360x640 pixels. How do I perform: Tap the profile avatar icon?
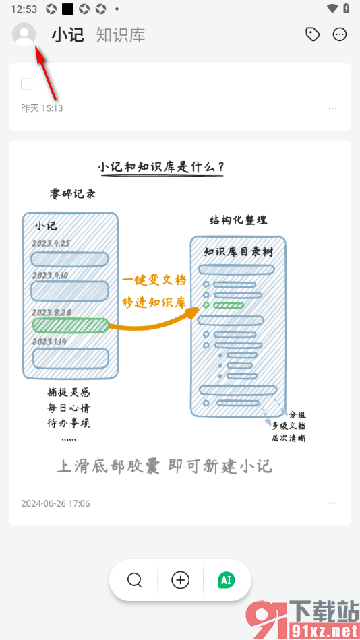coord(24,34)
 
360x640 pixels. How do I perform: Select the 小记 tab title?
coord(67,35)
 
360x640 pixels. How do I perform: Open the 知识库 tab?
coord(120,35)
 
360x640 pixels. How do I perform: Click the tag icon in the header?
coord(312,34)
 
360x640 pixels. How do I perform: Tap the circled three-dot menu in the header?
coord(340,34)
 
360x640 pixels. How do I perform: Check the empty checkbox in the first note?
coord(27,84)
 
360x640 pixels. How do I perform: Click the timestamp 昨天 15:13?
coord(42,108)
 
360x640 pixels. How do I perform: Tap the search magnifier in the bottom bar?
coord(135,579)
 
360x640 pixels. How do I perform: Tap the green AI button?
coord(227,579)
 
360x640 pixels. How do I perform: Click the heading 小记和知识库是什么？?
coord(160,166)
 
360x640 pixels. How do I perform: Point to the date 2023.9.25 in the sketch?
coord(51,243)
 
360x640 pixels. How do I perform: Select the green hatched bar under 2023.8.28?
coord(70,325)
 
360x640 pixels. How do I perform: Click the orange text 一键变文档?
coord(154,280)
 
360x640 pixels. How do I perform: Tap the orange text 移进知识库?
coord(154,302)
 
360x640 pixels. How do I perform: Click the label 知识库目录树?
coord(238,252)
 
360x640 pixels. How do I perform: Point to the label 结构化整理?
coord(238,220)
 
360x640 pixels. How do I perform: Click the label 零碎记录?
coord(73,194)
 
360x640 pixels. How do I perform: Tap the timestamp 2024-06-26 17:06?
coord(55,503)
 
